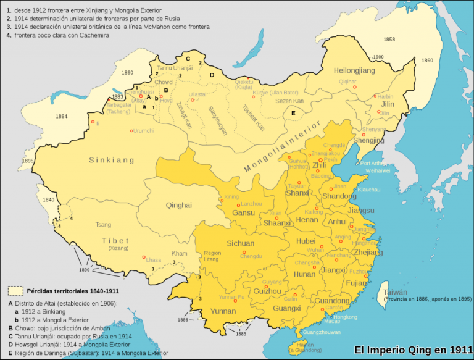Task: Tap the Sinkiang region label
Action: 112,160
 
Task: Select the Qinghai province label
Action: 178,205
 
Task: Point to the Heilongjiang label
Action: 354,71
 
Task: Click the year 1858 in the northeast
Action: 389,39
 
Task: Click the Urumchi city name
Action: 143,130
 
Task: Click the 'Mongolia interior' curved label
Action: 283,147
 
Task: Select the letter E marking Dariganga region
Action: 293,113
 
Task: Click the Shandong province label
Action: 339,196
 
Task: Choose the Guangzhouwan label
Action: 320,332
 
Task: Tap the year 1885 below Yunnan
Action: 240,334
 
